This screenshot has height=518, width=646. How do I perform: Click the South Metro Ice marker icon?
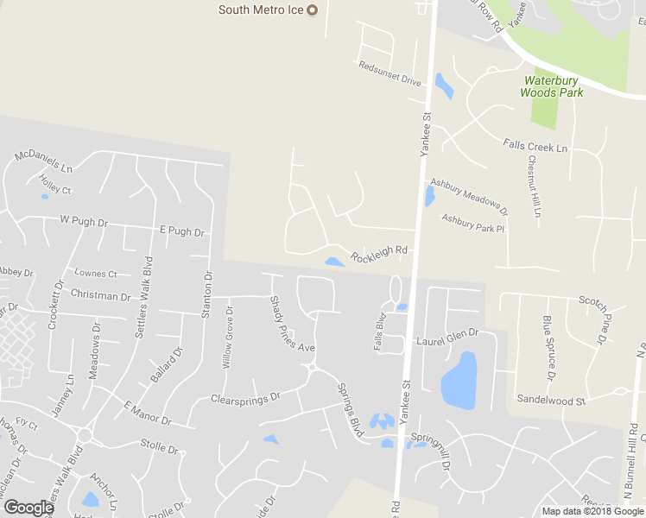pyautogui.click(x=313, y=10)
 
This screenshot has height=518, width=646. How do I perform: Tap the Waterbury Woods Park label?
pyautogui.click(x=553, y=86)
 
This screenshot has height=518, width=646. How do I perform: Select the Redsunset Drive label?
pyautogui.click(x=389, y=73)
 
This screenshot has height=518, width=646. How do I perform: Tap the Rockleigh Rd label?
pyautogui.click(x=378, y=254)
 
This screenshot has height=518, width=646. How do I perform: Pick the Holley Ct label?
pyautogui.click(x=55, y=184)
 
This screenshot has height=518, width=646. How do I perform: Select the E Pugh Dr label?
pyautogui.click(x=181, y=231)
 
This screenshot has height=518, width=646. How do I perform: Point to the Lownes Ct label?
pyautogui.click(x=95, y=274)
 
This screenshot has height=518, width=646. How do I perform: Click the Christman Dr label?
pyautogui.click(x=101, y=296)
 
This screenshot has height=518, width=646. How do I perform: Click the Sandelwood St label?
pyautogui.click(x=551, y=400)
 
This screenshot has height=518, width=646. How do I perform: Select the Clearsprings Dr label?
pyautogui.click(x=246, y=399)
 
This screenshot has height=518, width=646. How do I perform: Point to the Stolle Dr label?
pyautogui.click(x=159, y=449)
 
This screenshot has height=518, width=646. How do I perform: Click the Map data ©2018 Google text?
pyautogui.click(x=592, y=511)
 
